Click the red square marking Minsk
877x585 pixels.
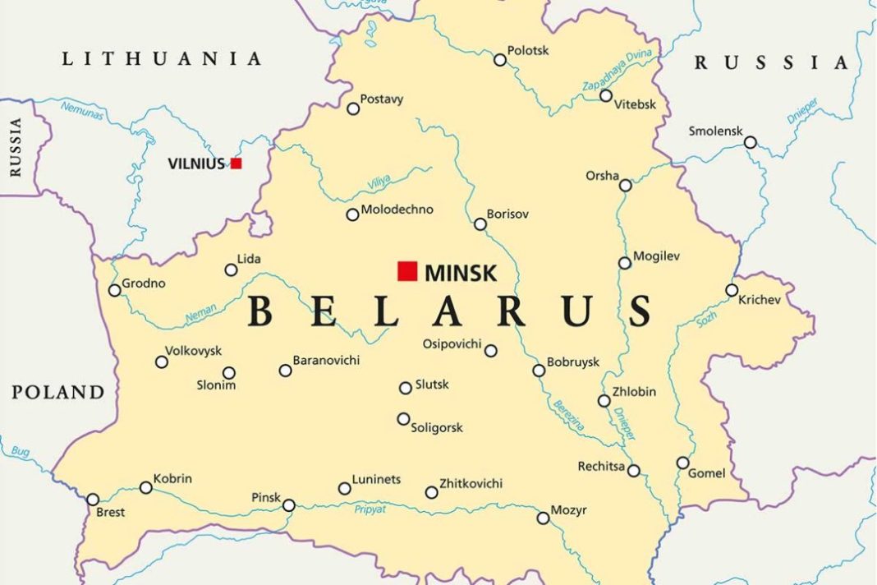(x=407, y=271)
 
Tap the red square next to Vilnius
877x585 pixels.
(x=236, y=164)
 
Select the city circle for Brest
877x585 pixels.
(x=93, y=500)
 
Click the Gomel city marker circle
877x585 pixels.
(x=682, y=463)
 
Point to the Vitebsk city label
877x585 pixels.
(x=636, y=104)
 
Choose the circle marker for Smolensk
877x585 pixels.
(x=750, y=143)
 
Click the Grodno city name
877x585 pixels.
(x=144, y=283)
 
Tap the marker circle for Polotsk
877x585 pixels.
(x=500, y=60)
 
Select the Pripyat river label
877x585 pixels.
(x=370, y=509)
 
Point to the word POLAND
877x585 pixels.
(x=58, y=392)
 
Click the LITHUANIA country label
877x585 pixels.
(x=162, y=59)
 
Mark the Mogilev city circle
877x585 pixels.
(x=625, y=263)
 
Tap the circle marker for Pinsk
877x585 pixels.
(x=289, y=505)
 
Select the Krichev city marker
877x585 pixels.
(x=732, y=290)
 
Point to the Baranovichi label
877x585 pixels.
(x=326, y=361)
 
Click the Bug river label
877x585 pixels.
(x=20, y=452)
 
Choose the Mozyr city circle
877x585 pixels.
(x=543, y=518)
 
